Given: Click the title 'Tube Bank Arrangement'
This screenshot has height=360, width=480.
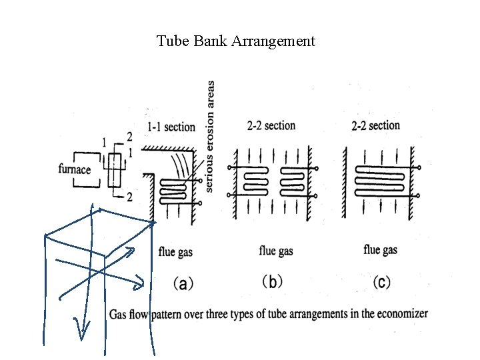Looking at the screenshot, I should tap(235, 41).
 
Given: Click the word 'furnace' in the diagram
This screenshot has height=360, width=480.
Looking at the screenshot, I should tap(75, 169).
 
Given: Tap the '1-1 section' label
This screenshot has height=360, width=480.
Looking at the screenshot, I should tap(171, 127).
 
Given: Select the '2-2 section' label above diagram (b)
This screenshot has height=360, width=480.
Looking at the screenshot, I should tap(271, 125).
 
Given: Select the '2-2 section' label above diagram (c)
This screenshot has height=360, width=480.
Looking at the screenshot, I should tap(375, 125).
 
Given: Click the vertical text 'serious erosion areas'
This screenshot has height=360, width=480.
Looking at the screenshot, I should tap(211, 137).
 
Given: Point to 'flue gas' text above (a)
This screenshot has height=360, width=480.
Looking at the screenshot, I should tap(175, 251).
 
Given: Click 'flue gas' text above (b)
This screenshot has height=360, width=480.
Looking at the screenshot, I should tap(276, 251).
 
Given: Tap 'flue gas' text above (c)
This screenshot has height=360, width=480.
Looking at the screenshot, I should tap(381, 250).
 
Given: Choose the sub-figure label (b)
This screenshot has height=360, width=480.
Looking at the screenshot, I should tap(271, 282).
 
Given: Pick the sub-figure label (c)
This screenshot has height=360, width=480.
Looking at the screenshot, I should tap(381, 282).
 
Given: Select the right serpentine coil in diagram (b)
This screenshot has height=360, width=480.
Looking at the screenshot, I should tap(293, 180).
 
